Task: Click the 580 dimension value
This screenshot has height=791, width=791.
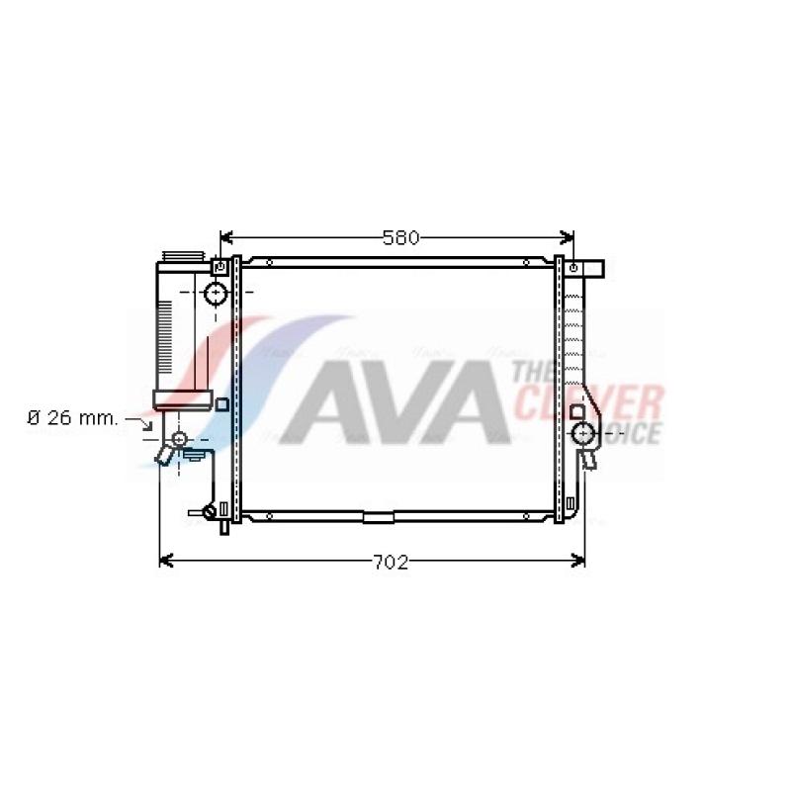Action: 400,237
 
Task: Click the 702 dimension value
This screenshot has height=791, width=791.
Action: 390,562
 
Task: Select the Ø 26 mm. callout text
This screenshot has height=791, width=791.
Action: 72,418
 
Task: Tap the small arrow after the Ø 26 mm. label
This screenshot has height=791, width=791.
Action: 139,424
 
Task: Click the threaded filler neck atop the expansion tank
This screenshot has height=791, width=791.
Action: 183,256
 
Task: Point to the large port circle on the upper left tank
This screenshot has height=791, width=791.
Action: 216,293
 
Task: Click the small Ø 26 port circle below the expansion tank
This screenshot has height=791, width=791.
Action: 179,439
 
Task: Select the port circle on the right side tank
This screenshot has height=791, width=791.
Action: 583,433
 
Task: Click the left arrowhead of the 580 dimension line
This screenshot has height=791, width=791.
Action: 226,237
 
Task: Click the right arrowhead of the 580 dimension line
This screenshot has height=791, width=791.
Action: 567,237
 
